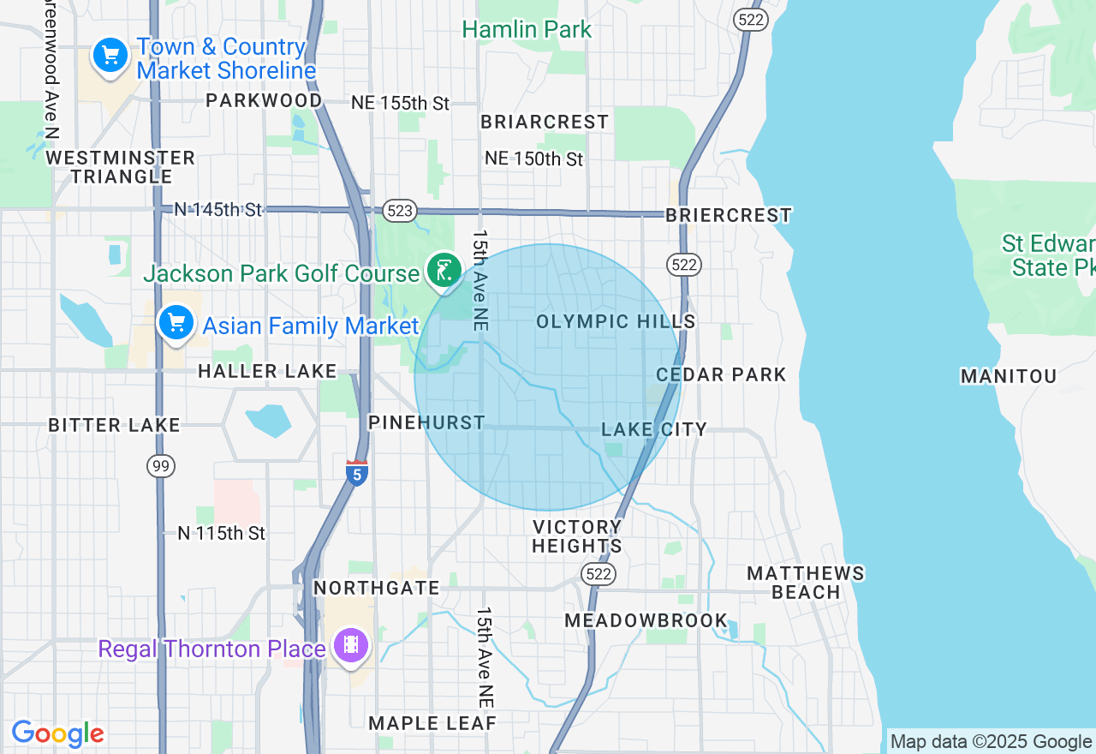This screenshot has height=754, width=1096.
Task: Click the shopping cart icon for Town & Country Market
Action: click(110, 57)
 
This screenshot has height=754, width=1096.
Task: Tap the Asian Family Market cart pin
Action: click(176, 324)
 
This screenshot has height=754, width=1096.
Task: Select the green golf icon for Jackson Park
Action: click(443, 271)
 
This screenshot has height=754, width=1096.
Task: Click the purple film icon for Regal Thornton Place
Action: click(351, 646)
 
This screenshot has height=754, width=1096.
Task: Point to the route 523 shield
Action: click(400, 211)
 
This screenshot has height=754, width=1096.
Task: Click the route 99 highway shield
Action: click(160, 465)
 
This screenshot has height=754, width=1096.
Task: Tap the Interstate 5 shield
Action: click(357, 473)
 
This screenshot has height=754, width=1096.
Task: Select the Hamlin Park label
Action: click(527, 29)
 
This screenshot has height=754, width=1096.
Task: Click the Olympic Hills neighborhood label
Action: click(616, 321)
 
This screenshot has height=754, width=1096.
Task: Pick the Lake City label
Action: click(654, 429)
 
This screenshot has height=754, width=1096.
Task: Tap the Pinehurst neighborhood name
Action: click(426, 422)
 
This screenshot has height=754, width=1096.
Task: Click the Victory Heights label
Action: click(577, 536)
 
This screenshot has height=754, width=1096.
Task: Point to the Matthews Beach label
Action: click(806, 583)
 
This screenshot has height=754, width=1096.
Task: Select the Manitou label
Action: click(1008, 376)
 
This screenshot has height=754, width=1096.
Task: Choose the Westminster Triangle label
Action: click(121, 167)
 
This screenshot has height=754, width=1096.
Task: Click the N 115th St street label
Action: click(221, 533)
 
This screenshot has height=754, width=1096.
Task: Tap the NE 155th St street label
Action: click(400, 104)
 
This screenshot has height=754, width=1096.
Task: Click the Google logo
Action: click(57, 734)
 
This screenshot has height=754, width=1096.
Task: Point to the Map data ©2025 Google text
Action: click(991, 741)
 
